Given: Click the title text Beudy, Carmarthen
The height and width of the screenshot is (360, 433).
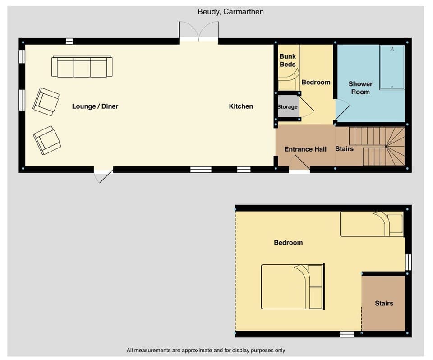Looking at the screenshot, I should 230,12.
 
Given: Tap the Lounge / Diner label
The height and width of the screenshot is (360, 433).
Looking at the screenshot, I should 95,106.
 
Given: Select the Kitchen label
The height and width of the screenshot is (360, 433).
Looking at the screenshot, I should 241,106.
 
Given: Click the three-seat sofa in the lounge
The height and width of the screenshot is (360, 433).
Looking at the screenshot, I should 82,67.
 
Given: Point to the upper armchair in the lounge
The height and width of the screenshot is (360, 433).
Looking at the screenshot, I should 46,102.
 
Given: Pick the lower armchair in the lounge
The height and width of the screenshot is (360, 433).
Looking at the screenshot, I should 47,140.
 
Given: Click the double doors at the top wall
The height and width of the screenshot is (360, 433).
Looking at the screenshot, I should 199,32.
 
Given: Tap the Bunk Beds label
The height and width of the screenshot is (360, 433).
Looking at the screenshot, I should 287,60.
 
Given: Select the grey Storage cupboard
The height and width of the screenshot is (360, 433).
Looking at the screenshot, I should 288,107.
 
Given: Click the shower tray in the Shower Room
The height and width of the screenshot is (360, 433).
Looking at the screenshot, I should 392,67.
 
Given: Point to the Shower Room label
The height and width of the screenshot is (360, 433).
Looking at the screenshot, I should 360,88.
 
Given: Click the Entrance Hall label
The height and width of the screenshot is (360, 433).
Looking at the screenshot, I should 305,149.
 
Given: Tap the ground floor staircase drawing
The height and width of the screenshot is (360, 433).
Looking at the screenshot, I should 377,146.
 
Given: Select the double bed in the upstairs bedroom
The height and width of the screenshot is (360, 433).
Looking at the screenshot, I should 292,286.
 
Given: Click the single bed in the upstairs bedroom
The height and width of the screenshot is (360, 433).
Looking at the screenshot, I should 371,224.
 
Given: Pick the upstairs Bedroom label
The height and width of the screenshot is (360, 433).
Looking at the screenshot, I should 288,243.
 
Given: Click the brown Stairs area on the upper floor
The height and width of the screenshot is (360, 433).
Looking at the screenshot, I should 383,303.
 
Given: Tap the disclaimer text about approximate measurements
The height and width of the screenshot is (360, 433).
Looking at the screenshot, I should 206,350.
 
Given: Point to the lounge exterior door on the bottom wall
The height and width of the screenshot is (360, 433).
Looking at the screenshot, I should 103,175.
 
